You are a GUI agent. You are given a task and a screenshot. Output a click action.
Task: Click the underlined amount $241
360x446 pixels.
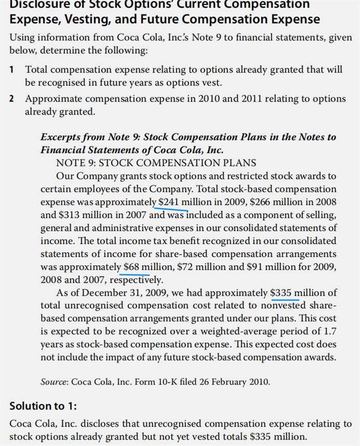coord(170,202)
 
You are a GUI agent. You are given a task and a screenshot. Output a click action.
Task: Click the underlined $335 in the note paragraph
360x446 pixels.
coord(282,292)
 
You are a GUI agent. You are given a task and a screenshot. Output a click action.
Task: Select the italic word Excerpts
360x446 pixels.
coord(60,137)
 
